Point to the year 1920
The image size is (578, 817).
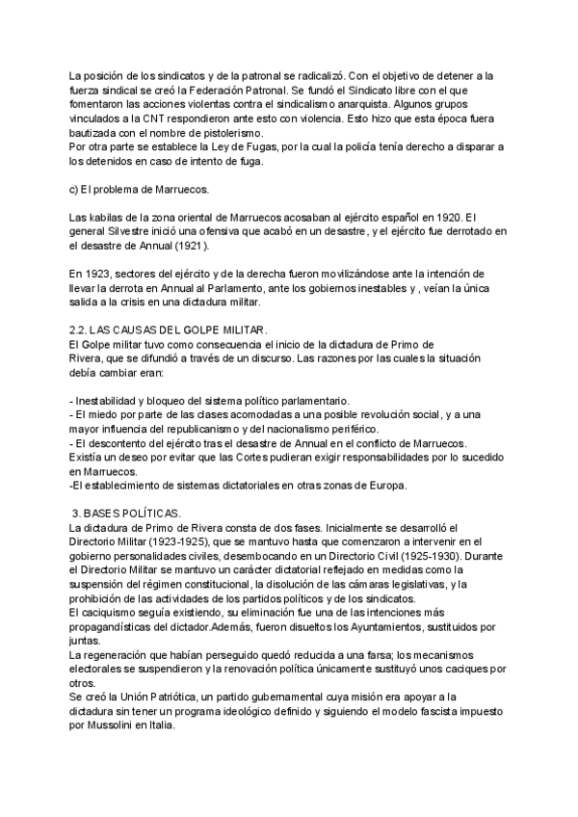(460, 217)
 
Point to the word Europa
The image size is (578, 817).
(386, 486)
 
